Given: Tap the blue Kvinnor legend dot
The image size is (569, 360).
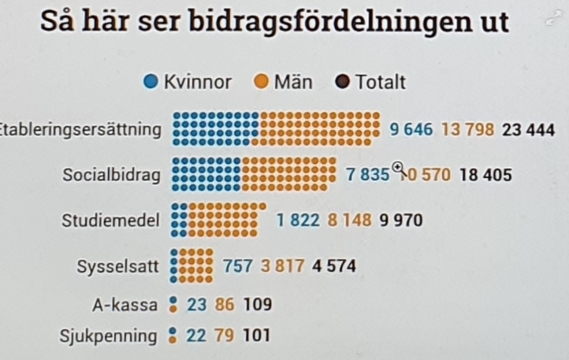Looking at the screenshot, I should pos(152,81).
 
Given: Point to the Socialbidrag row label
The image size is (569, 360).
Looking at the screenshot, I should pos(110,174).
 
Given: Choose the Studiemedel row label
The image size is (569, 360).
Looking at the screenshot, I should pos(110,220).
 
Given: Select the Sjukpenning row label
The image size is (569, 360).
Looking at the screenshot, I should pos(108,336).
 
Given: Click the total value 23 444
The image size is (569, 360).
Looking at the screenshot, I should pos(528,129).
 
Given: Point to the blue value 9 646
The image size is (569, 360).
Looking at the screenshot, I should pos(411,129).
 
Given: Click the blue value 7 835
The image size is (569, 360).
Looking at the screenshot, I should pos(368,174).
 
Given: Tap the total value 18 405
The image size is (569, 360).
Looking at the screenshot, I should pos(485,174).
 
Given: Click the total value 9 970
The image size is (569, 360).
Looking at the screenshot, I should pos(400,220).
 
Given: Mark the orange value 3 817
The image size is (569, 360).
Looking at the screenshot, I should pos(283,265).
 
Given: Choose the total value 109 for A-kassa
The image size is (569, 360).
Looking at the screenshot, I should pos(257,304).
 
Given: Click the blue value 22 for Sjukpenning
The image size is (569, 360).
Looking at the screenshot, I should pos(195,336).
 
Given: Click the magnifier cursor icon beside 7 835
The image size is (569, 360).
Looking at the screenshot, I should pos(399,168).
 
